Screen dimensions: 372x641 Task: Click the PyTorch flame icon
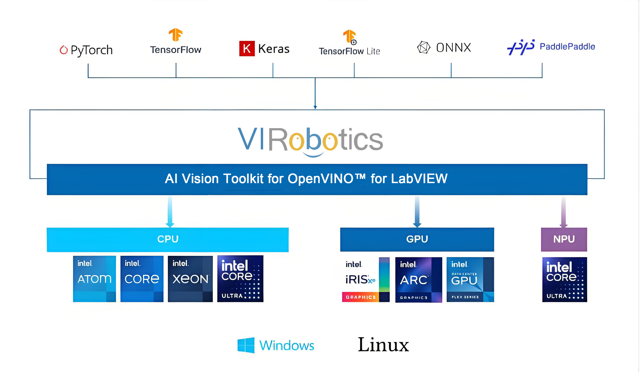[64, 50]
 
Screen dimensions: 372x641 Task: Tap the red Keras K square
[247, 48]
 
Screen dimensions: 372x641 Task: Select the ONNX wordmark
[453, 48]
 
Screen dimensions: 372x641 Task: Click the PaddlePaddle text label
[567, 46]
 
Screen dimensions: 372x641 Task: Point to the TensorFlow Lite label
[349, 51]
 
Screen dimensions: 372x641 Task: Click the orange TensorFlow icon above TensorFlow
[176, 35]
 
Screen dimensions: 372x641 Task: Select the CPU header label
[168, 239]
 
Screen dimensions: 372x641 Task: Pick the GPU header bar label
[417, 239]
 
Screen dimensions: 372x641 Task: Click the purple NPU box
[564, 239]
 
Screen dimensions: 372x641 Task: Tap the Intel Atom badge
[94, 279]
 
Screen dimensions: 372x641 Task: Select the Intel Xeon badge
[190, 279]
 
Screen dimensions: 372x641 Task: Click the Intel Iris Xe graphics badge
[366, 279]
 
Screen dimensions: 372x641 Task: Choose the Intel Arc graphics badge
[418, 279]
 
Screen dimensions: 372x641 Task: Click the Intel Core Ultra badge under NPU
[565, 279]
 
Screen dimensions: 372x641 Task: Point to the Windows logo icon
[246, 345]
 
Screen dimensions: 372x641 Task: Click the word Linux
[383, 345]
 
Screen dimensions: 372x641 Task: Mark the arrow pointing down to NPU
[563, 212]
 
